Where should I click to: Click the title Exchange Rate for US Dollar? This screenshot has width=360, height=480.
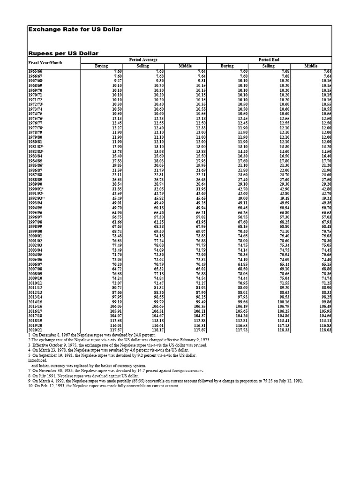[75, 30]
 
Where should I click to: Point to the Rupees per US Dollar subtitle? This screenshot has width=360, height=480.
[63, 53]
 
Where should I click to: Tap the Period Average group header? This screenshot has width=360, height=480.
[143, 60]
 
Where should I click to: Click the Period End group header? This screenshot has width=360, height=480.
[269, 60]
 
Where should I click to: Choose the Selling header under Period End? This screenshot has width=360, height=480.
[268, 66]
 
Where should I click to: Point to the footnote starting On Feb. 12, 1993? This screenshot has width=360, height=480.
[104, 386]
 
